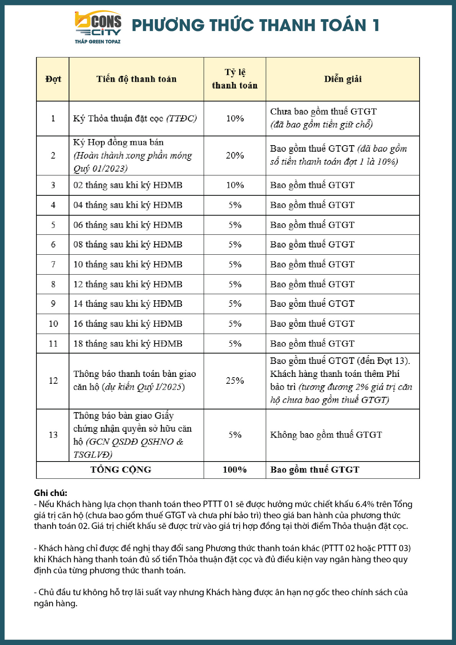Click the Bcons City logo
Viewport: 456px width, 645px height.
click(98, 24)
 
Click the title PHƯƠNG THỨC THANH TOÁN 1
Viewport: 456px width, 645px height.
click(255, 25)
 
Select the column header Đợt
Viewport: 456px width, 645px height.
click(53, 79)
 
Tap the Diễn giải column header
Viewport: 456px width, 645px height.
click(343, 79)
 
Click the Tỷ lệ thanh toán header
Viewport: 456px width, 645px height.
click(235, 79)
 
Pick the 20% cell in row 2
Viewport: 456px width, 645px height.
click(235, 156)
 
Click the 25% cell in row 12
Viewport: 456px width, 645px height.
click(235, 381)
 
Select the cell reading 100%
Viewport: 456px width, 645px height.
click(235, 470)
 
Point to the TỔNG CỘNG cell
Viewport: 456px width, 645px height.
click(121, 470)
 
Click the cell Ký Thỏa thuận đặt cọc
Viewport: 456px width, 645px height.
click(135, 118)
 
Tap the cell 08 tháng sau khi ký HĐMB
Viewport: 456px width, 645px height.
click(128, 244)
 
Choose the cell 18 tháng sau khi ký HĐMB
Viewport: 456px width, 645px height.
click(128, 344)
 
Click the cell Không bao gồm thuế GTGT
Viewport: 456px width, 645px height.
click(326, 435)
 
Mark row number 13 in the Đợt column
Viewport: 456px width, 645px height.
click(53, 435)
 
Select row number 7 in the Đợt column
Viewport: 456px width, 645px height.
click(53, 264)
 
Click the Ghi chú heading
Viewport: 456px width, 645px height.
click(51, 493)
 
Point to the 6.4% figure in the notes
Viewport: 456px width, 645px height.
click(364, 504)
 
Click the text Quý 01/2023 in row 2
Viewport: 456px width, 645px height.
click(100, 169)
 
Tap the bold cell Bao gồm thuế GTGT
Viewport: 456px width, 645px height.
click(315, 470)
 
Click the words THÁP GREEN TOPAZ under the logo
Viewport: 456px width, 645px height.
click(98, 41)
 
